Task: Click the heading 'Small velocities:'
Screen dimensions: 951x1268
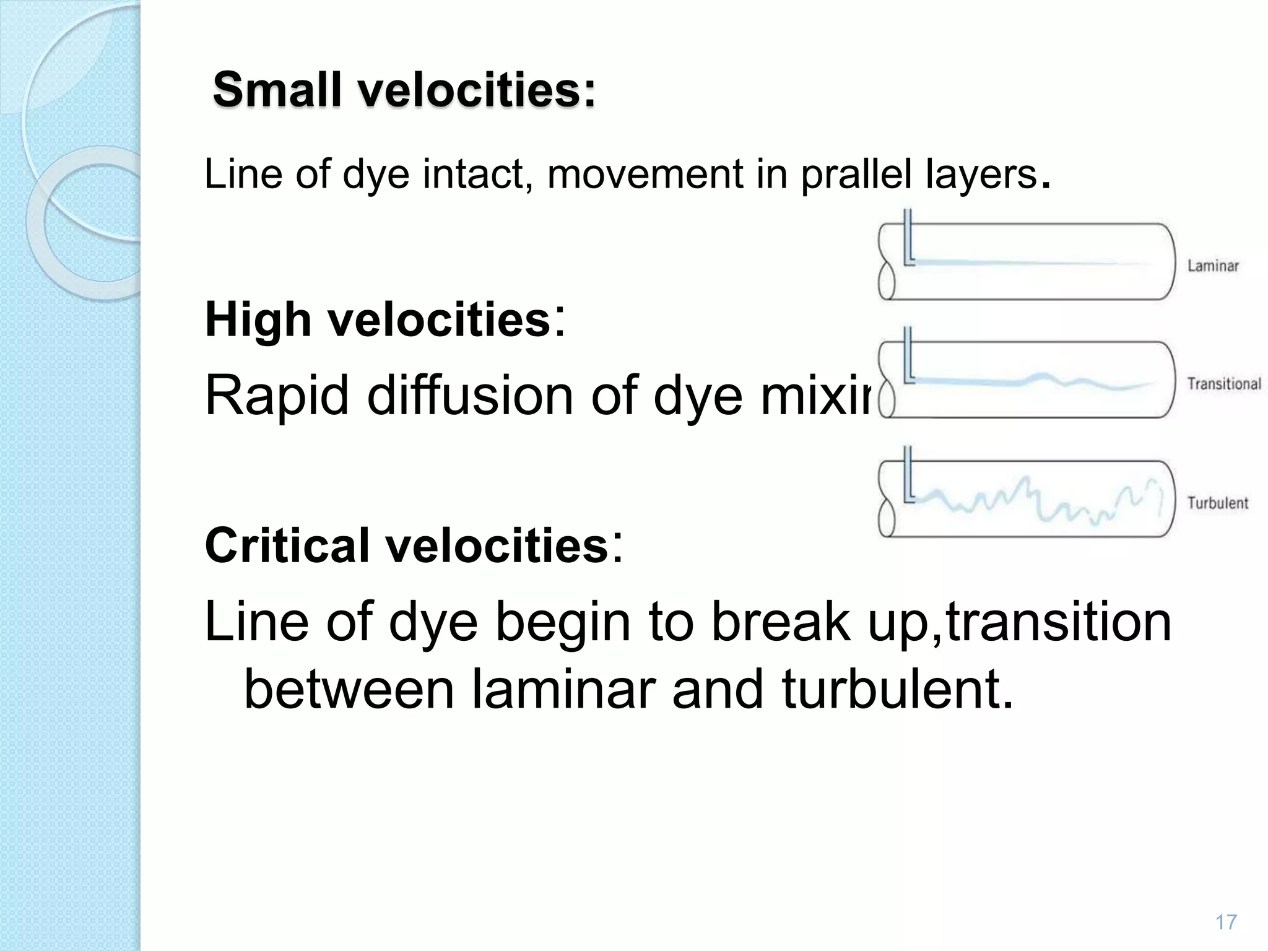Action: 404,90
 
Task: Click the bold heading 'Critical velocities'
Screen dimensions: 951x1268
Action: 406,545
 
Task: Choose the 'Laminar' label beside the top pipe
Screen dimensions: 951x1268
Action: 1213,266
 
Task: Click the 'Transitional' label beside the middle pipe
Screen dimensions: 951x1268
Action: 1223,384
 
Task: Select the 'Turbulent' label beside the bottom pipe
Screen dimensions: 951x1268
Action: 1217,503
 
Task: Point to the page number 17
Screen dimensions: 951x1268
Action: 1226,922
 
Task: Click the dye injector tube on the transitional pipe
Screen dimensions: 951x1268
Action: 908,356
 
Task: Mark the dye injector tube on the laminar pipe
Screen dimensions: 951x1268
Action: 908,238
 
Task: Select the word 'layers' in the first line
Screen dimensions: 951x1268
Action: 981,175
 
